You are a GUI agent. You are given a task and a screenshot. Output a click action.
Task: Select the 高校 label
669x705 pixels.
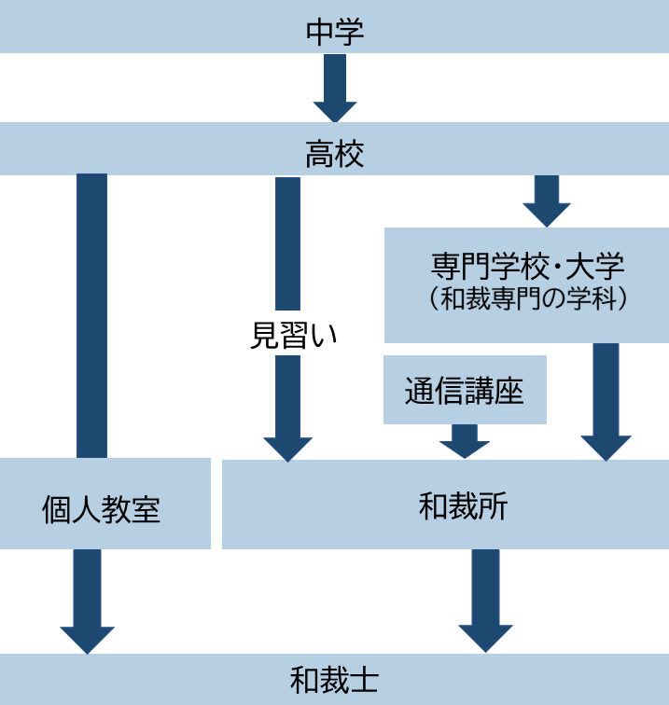[334, 154]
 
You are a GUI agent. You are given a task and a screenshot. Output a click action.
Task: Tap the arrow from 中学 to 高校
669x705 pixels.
[334, 88]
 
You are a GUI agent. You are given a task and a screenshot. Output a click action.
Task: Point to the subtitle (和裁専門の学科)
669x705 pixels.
[527, 300]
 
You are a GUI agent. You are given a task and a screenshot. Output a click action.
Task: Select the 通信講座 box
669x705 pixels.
[465, 390]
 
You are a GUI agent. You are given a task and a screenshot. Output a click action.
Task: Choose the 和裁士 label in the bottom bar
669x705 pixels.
[334, 679]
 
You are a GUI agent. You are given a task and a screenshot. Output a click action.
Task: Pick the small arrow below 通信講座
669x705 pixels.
[465, 441]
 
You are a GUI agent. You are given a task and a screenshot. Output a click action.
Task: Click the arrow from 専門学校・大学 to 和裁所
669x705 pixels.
[606, 401]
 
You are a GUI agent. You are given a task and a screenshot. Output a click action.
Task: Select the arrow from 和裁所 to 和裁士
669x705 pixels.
[485, 600]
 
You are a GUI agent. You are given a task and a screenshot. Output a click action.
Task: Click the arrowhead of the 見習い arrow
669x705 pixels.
[287, 448]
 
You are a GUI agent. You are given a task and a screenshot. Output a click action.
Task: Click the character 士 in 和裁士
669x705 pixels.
[365, 679]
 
